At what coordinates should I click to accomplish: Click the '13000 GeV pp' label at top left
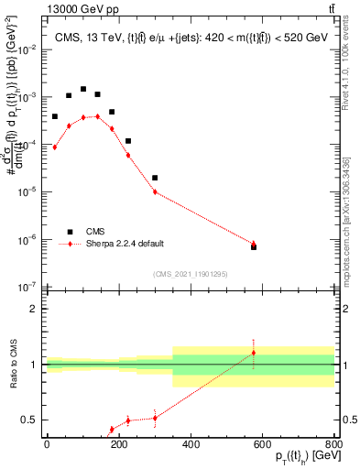[42, 8]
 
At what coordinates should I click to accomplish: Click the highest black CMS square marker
[83, 90]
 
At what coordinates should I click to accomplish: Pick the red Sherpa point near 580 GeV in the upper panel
[254, 244]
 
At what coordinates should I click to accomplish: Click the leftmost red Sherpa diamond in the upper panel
[55, 147]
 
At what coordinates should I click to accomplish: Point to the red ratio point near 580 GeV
[254, 353]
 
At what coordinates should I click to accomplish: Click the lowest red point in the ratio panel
[112, 429]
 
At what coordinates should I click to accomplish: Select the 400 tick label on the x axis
[191, 443]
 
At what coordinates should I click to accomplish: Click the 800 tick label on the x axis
[334, 443]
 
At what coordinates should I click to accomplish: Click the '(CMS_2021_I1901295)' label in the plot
[190, 273]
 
